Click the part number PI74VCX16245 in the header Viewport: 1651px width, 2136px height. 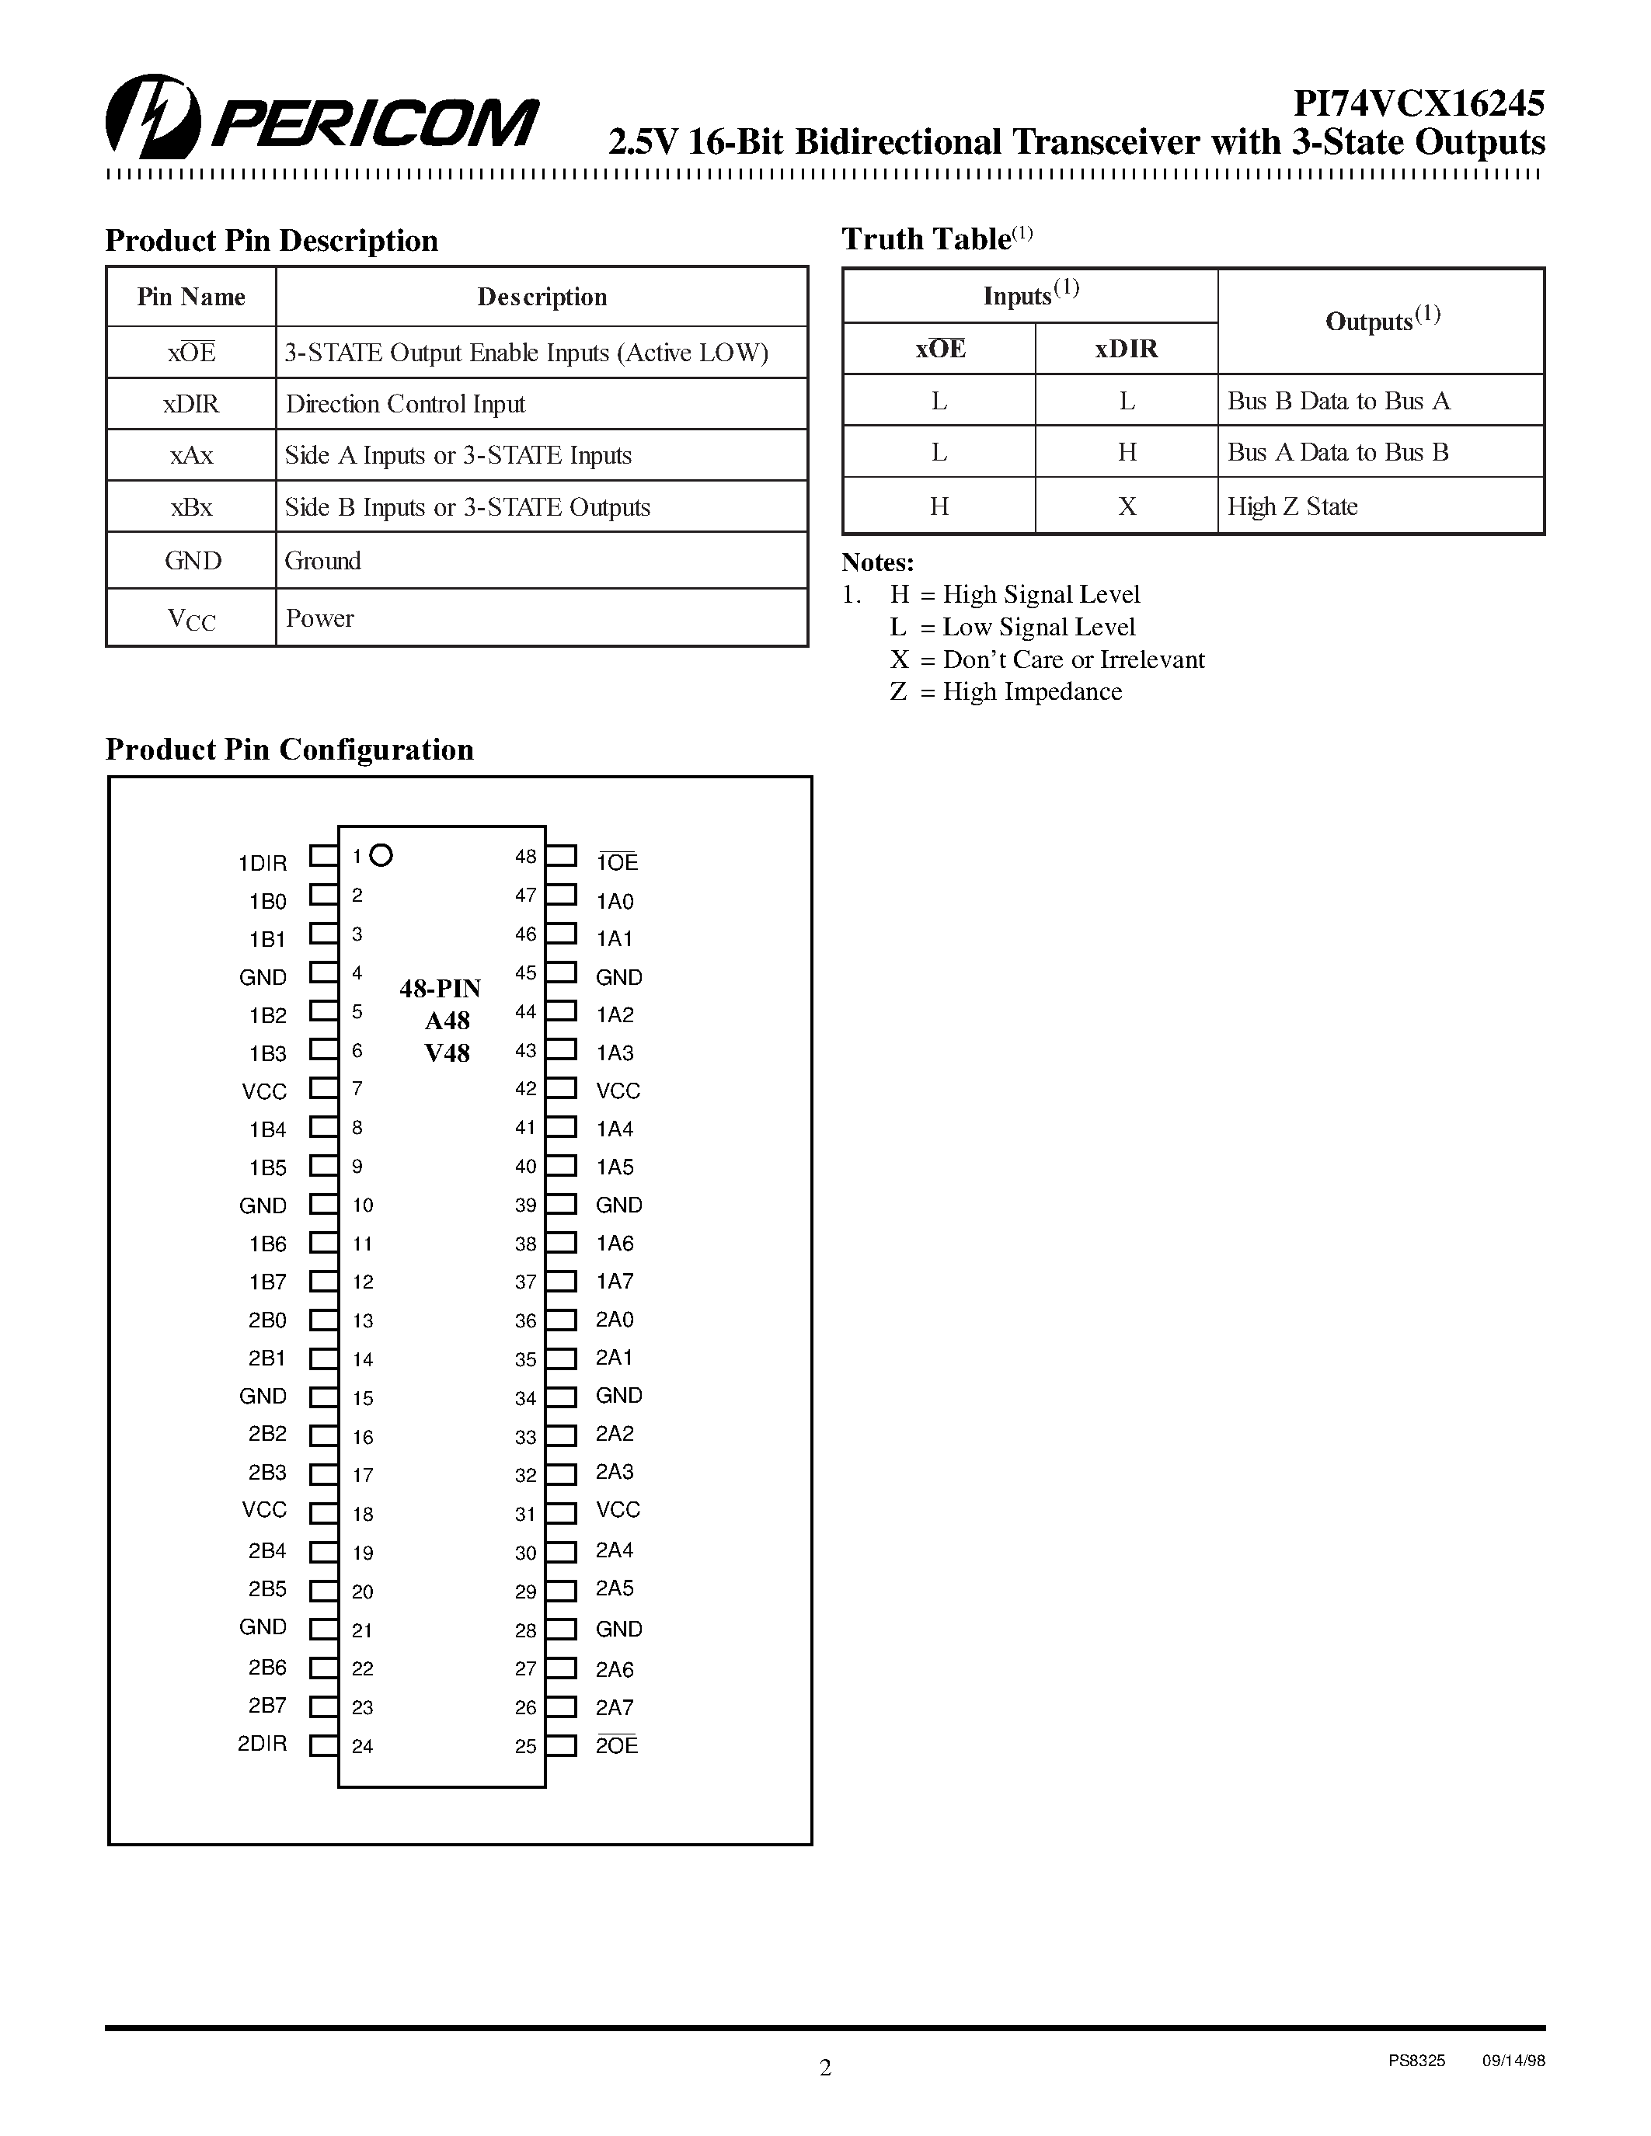coord(1418,103)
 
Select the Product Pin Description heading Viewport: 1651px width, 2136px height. coord(271,241)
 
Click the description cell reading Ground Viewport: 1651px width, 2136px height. coord(322,560)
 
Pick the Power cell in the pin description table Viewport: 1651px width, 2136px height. coord(320,618)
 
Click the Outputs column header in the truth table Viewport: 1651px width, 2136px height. coord(1381,320)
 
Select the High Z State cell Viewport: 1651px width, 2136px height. coord(1292,506)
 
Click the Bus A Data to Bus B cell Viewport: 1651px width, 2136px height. coord(1337,452)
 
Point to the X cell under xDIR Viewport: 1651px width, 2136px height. coord(1127,506)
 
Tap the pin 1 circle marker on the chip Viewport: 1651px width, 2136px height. coord(381,856)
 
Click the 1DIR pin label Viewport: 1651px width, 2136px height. coord(262,863)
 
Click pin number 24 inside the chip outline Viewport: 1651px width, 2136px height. coord(362,1746)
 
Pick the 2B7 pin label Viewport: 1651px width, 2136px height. coord(267,1706)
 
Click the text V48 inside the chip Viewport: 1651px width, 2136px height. coord(447,1053)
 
